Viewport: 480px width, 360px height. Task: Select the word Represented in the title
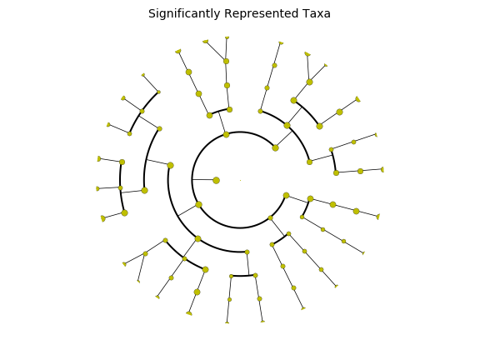[x=261, y=14]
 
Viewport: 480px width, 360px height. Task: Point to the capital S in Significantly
[x=152, y=14]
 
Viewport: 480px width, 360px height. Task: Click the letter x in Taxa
[x=320, y=15]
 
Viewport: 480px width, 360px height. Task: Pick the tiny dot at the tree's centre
[x=240, y=180]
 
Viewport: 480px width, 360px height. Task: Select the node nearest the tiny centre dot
[x=216, y=180]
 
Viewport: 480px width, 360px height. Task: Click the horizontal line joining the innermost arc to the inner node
[x=202, y=179]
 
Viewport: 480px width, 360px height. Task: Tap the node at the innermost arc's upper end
[x=275, y=147]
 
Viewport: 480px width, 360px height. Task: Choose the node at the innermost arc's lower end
[x=286, y=195]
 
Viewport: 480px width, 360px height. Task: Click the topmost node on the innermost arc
[x=226, y=134]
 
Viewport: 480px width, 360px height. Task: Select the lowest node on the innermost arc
[x=270, y=218]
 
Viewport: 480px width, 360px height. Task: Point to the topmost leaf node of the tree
[x=227, y=37]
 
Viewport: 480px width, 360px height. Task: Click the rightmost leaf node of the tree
[x=382, y=170]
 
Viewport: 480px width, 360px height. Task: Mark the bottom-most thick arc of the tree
[x=243, y=276]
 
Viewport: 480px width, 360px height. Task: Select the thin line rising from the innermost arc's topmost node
[x=222, y=122]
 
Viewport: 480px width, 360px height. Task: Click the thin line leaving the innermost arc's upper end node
[x=284, y=139]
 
